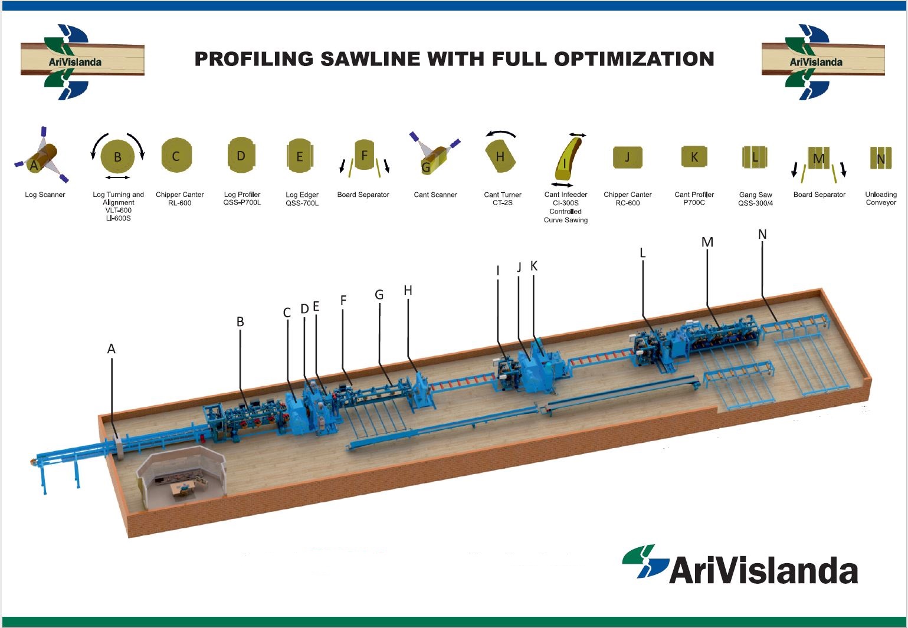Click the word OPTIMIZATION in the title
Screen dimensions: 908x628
coord(634,59)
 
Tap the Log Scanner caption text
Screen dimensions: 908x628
coord(45,195)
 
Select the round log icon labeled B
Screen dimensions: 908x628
coord(117,156)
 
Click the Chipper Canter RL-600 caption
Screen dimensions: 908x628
coord(179,199)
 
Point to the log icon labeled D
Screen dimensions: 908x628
coord(241,155)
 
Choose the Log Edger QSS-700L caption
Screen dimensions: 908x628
coord(302,199)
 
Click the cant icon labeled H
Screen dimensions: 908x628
coord(500,156)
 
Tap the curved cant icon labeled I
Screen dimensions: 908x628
coord(568,158)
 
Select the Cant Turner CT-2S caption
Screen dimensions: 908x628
coord(503,199)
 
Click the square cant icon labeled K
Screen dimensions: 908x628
coord(694,156)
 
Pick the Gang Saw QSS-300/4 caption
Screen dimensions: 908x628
coord(755,199)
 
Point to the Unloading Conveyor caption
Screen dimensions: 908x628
coord(881,199)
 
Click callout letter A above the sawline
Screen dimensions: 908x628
coord(111,348)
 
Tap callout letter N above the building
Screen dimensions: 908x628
coord(762,234)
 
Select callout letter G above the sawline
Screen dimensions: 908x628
coord(379,295)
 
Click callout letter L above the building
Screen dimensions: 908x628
coord(643,253)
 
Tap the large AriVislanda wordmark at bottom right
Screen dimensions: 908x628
coord(763,569)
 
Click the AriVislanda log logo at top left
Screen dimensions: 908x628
coord(82,61)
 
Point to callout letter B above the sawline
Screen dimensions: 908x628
coord(240,322)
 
